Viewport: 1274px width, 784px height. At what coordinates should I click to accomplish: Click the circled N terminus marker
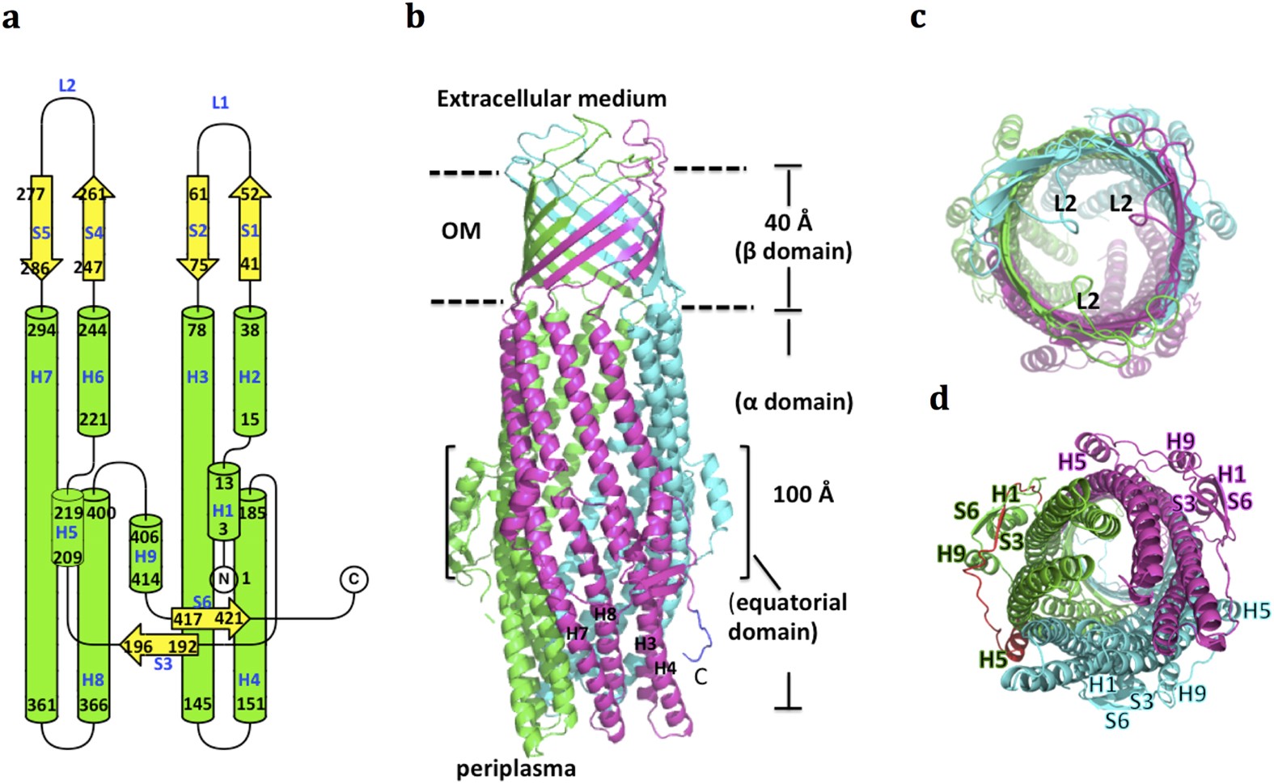[x=223, y=578]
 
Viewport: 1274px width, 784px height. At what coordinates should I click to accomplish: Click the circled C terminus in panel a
[x=353, y=578]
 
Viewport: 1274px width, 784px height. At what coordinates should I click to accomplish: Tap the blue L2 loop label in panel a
[x=67, y=85]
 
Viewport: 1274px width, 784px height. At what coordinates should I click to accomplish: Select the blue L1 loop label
[x=220, y=103]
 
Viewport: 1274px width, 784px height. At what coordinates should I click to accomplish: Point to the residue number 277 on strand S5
[x=31, y=193]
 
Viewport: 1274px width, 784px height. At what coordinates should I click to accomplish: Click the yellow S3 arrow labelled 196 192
[x=159, y=646]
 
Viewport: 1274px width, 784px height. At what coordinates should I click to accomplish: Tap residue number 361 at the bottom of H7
[x=41, y=704]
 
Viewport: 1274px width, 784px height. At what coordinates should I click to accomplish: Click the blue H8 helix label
[x=93, y=680]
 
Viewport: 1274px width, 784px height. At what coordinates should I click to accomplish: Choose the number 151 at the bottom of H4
[x=251, y=704]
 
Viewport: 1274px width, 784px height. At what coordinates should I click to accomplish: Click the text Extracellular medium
[x=552, y=99]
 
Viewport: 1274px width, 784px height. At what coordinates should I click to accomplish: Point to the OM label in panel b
[x=461, y=231]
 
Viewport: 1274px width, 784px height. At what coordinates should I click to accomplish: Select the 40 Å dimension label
[x=789, y=222]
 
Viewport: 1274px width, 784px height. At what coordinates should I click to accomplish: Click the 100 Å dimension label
[x=802, y=494]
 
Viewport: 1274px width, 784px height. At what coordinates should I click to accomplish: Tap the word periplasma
[x=516, y=768]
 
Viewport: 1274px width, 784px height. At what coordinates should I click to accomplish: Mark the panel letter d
[x=938, y=399]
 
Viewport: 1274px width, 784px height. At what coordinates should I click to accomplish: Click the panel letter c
[x=918, y=17]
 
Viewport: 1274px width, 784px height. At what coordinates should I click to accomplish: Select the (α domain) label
[x=794, y=402]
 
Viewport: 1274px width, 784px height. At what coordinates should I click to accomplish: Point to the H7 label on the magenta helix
[x=577, y=633]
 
